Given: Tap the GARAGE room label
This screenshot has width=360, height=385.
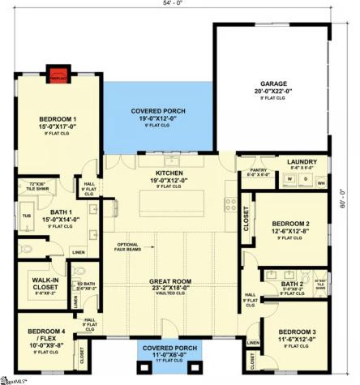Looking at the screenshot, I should click(x=273, y=83).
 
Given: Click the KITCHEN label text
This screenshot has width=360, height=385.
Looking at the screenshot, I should click(x=169, y=173).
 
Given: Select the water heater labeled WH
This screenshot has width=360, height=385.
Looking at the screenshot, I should click(x=322, y=183).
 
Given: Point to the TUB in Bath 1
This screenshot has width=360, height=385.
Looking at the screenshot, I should click(x=26, y=216).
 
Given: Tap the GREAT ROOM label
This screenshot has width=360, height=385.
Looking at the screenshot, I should click(x=169, y=281).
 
